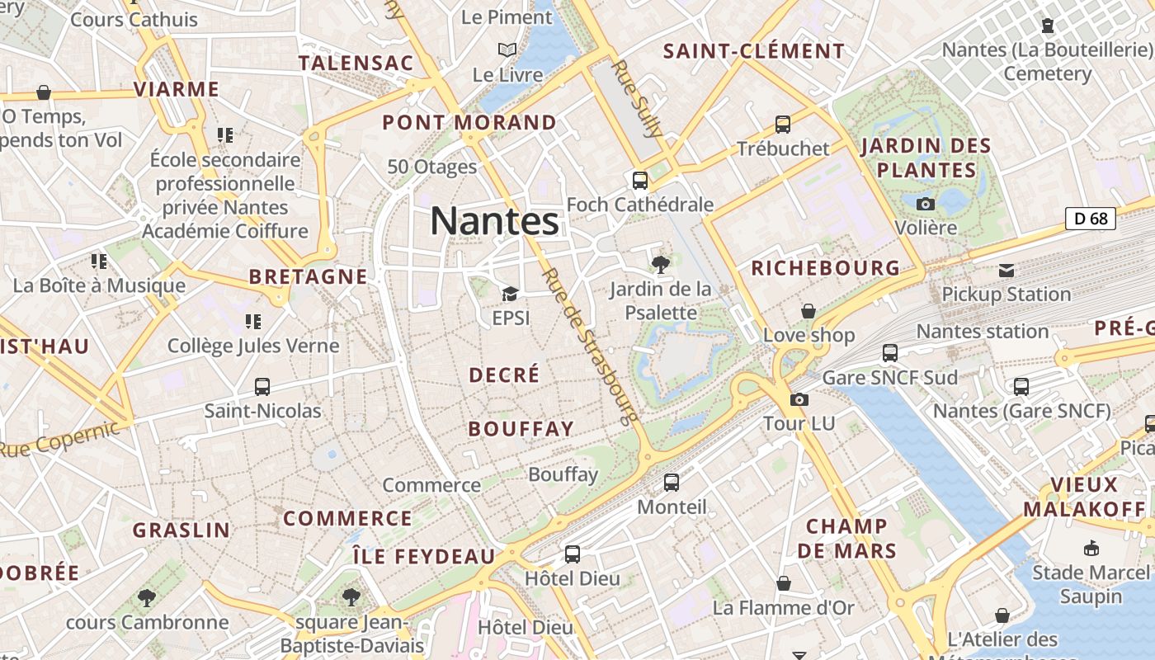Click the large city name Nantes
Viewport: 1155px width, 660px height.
click(x=494, y=221)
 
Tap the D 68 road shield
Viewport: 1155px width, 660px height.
click(x=1091, y=219)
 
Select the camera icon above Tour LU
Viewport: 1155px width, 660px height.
click(x=799, y=400)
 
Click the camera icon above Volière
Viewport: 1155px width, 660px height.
click(x=926, y=204)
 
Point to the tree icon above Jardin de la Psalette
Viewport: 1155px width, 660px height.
click(x=659, y=265)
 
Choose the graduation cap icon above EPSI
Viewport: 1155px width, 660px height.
click(x=510, y=295)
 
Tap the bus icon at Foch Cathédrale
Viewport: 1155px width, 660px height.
click(x=639, y=180)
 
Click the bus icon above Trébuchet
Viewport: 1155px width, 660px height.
click(x=782, y=125)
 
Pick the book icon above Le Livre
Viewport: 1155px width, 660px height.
click(x=507, y=50)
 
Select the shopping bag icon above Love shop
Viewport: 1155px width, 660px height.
click(x=808, y=311)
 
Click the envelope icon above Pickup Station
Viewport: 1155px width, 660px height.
click(x=1006, y=271)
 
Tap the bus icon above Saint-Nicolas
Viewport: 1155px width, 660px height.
click(x=262, y=386)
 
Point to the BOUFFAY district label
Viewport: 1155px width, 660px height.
click(x=521, y=429)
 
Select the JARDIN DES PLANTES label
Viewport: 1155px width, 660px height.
click(x=926, y=158)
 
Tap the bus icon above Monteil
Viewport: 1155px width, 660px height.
click(x=672, y=483)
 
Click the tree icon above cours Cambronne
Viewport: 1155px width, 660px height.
click(x=147, y=597)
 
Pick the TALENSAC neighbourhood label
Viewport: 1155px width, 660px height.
click(x=356, y=63)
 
